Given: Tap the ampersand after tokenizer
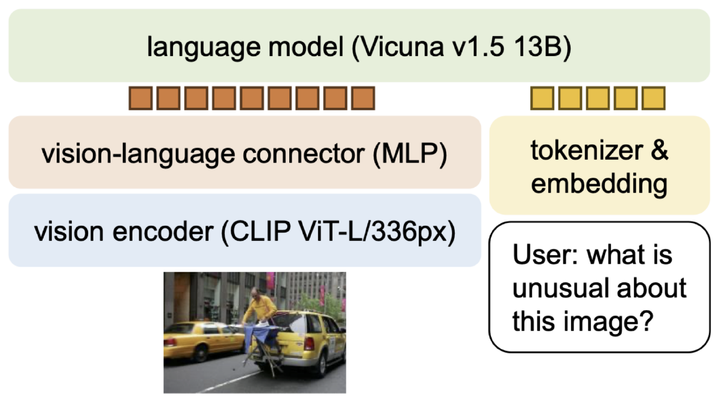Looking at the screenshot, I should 659,151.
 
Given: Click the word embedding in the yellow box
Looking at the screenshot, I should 599,184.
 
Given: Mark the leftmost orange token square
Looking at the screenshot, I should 140,98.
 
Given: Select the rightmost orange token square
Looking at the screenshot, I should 363,98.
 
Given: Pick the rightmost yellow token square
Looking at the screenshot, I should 653,98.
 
